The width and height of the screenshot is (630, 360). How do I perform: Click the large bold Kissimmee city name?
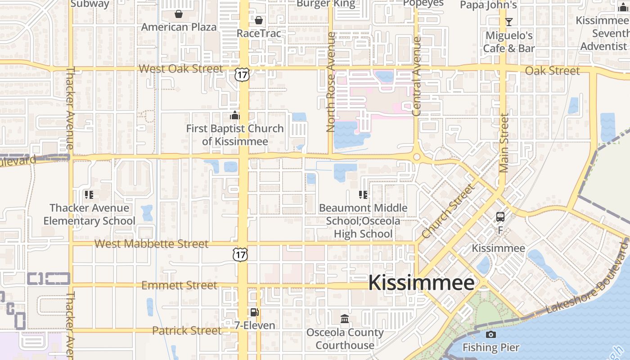(421, 283)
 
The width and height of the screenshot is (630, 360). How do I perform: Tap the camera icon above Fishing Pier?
(491, 334)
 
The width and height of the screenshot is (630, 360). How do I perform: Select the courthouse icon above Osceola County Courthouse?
(345, 319)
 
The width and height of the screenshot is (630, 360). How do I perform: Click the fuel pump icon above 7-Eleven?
(254, 312)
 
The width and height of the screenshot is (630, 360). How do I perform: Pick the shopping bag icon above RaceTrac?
(259, 20)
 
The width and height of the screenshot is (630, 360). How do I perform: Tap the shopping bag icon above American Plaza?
(179, 14)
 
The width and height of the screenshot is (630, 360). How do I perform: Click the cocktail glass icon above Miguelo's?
(509, 22)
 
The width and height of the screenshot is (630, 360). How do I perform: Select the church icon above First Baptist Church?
(235, 116)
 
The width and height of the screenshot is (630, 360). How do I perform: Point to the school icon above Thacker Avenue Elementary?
(89, 195)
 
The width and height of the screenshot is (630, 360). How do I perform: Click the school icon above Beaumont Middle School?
(363, 195)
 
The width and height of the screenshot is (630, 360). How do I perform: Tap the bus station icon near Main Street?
(500, 217)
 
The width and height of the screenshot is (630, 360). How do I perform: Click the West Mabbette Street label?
(152, 244)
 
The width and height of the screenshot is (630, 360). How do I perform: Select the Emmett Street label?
(179, 285)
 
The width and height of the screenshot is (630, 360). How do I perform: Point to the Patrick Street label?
(186, 331)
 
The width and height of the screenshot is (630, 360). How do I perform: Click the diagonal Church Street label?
(448, 211)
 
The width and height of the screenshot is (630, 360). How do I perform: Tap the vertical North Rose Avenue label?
(331, 82)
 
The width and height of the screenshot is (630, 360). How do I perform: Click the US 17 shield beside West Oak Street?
(242, 75)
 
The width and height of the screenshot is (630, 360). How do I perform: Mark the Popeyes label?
(423, 4)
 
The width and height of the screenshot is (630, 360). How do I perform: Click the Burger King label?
(326, 4)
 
